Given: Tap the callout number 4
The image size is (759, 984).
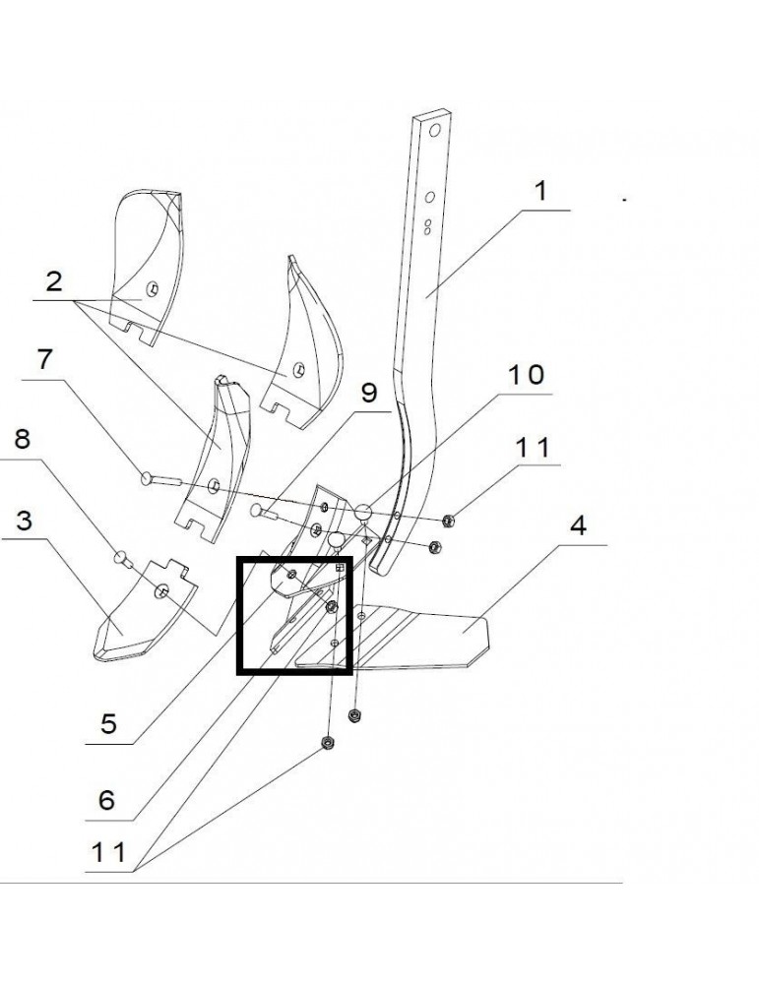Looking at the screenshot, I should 578,524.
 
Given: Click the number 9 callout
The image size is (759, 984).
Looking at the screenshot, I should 367,394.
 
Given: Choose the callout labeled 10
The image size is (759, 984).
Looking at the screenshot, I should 526,375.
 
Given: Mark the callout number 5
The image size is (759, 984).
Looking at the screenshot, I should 108,725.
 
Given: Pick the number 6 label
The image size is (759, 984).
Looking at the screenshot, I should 105,799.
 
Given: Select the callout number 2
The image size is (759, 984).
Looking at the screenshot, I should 54,281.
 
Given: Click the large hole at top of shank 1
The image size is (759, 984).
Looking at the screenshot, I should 433,130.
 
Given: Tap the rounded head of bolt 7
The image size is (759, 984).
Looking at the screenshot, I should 148,478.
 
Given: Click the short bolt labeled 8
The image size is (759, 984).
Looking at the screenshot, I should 123,559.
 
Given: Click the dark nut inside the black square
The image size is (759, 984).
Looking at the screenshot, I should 332,606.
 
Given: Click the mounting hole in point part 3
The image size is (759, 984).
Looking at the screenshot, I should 162,589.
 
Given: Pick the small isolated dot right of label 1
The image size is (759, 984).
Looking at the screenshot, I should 624,199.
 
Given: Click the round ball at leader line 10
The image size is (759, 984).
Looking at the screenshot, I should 363,511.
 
